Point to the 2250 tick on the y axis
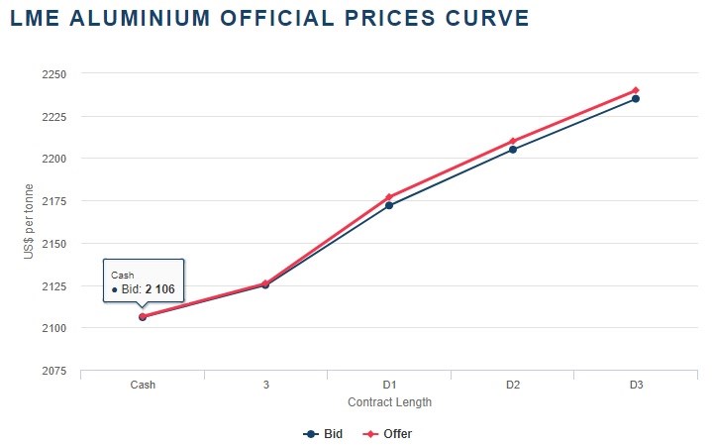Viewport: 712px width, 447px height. [53, 74]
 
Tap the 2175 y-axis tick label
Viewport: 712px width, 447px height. [53, 201]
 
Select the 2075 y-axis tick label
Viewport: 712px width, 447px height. [53, 371]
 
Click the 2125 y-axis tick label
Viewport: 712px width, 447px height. [53, 286]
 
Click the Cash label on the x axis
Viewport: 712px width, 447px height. [143, 385]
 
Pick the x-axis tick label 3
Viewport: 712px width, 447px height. [265, 385]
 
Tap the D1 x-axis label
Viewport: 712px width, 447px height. [389, 385]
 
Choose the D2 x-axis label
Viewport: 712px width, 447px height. [513, 385]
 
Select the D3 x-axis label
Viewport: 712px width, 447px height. [636, 385]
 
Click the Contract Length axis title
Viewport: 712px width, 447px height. [389, 402]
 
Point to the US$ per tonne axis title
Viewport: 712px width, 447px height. [30, 223]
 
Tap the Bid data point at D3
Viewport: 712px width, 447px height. [636, 99]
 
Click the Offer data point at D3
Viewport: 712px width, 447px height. [636, 90]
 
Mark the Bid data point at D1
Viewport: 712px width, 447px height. [389, 205]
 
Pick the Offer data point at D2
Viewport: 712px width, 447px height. [513, 141]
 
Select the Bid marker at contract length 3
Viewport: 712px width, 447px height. [265, 285]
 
